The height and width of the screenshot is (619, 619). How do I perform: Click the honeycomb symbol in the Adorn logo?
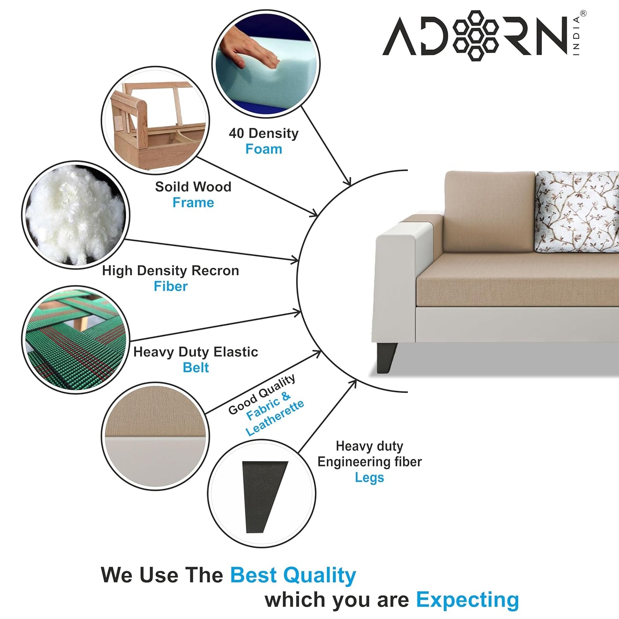click(x=475, y=35)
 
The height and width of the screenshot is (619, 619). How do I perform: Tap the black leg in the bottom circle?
click(x=263, y=495)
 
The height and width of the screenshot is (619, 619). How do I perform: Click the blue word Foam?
click(x=263, y=149)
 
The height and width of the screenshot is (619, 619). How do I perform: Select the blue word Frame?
click(x=193, y=203)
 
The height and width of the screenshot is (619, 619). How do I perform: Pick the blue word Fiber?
click(x=170, y=286)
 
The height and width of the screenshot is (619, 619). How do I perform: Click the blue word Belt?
click(x=196, y=368)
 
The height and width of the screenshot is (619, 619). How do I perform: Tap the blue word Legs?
click(x=369, y=477)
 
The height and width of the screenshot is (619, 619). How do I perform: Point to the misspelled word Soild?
click(x=170, y=187)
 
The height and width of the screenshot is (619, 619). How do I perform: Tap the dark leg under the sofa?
click(x=386, y=357)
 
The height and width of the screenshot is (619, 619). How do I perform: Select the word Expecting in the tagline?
click(x=467, y=600)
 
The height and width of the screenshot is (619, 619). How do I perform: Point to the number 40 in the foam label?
click(x=236, y=133)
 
